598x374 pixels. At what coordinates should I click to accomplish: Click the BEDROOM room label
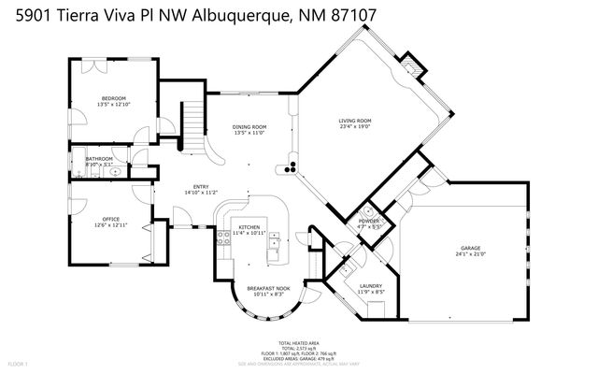(114, 97)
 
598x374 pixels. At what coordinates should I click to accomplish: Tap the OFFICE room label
(111, 219)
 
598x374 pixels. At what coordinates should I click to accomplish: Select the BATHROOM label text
(99, 159)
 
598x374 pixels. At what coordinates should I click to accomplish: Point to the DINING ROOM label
(249, 127)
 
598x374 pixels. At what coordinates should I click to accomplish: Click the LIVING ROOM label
(355, 121)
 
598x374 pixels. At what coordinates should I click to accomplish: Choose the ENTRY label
(201, 186)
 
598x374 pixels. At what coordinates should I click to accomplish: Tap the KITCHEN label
(249, 227)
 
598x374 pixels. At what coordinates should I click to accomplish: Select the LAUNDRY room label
(371, 286)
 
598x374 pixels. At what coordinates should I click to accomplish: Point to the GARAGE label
(469, 249)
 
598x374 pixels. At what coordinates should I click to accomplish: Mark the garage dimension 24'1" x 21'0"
(469, 254)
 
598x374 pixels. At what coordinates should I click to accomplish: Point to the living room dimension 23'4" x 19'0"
(355, 126)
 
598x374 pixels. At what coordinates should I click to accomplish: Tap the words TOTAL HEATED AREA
(298, 343)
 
